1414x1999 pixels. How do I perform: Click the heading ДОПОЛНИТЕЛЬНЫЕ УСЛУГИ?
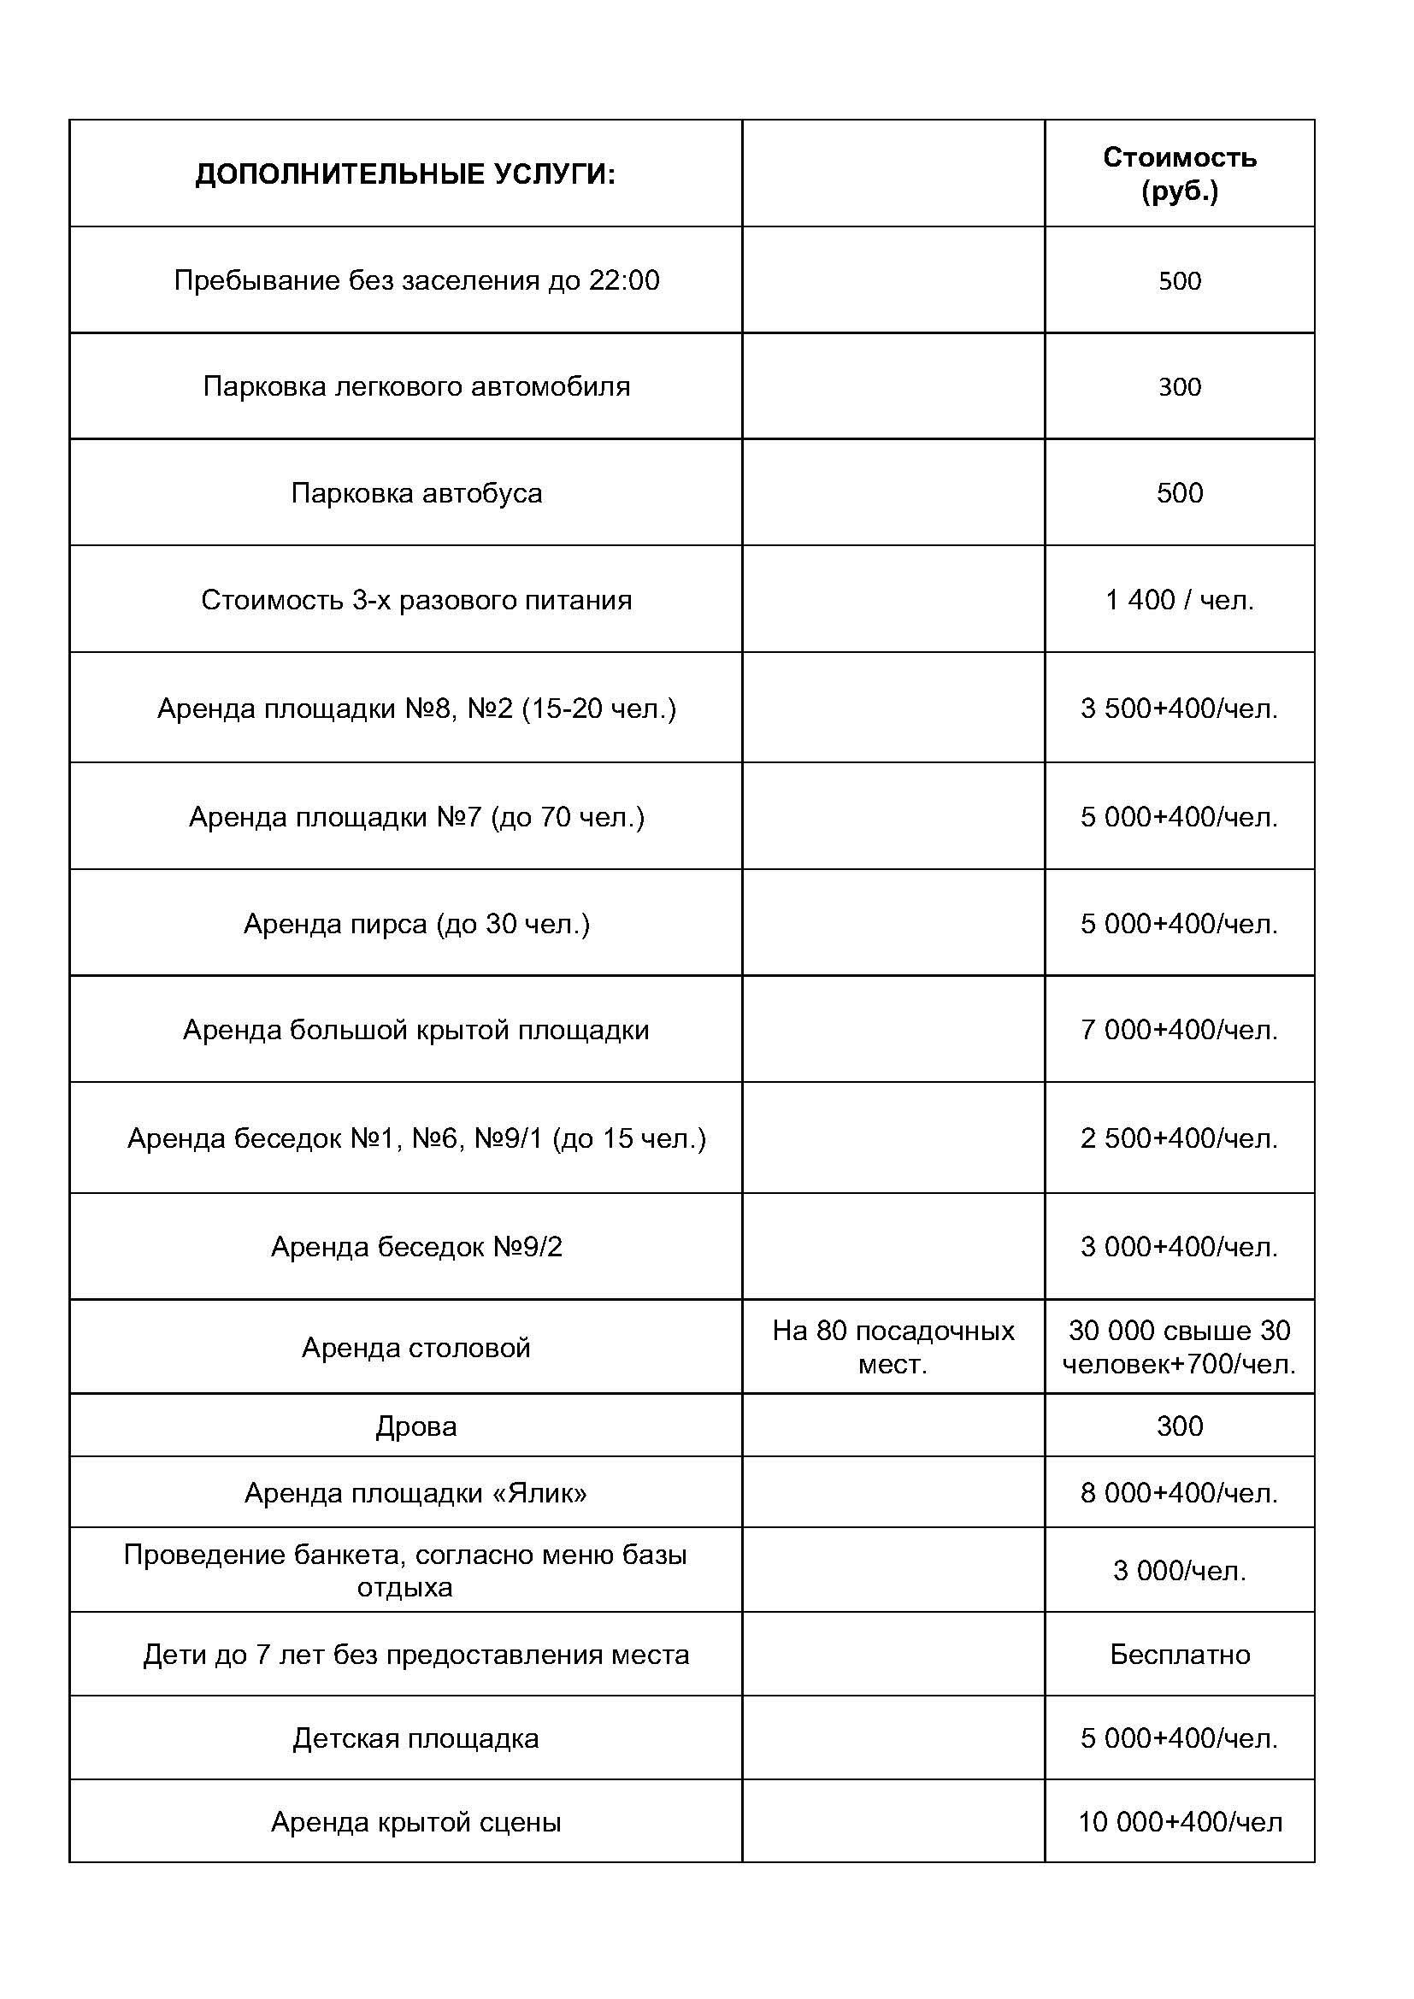coord(405,175)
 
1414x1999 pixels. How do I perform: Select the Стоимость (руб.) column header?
coord(1179,174)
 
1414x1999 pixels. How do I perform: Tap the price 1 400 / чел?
coord(1179,601)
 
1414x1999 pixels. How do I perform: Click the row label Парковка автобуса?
coord(416,494)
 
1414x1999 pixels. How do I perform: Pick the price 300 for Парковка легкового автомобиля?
coord(1179,386)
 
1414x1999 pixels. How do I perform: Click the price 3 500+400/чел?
coord(1179,708)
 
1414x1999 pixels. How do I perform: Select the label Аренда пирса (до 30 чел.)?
coord(416,924)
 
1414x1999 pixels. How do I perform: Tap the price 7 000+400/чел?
coord(1179,1030)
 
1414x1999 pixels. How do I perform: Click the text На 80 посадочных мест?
coord(893,1347)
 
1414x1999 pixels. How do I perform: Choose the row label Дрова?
coord(416,1426)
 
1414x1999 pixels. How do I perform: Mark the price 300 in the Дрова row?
coord(1179,1426)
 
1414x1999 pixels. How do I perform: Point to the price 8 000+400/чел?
coord(1179,1493)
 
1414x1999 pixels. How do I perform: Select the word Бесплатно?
coord(1179,1655)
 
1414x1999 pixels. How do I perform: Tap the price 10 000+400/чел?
coord(1179,1822)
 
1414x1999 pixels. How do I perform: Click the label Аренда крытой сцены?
coord(416,1822)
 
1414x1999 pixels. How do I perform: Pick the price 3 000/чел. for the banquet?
coord(1179,1571)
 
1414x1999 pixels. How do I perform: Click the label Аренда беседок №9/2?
coord(416,1247)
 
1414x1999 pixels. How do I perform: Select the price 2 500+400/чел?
coord(1179,1138)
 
